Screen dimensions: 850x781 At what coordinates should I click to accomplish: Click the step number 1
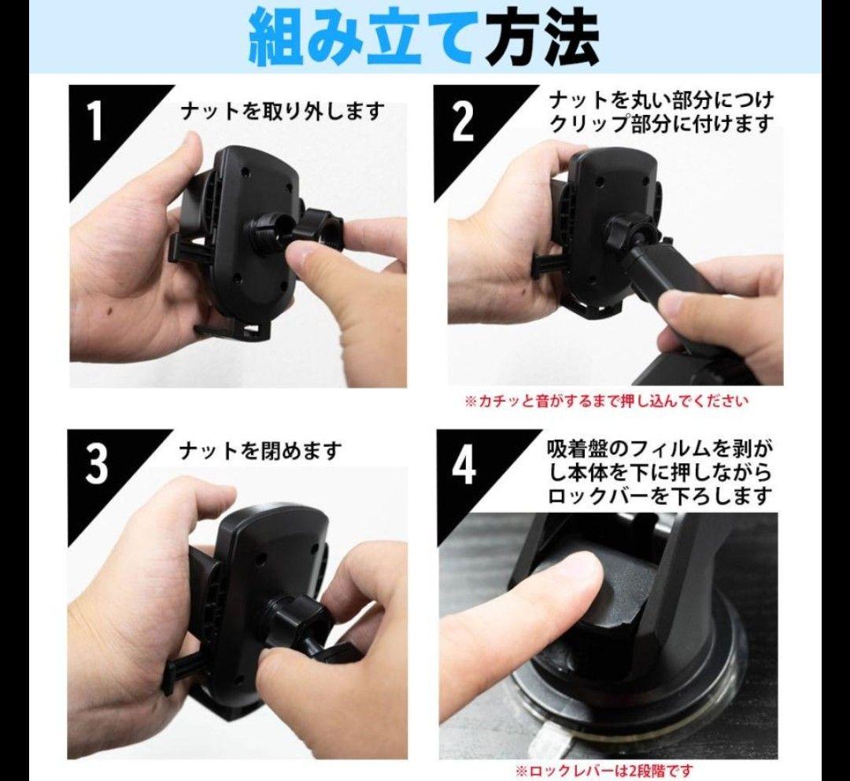pos(95,123)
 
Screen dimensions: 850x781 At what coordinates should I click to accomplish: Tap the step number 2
pos(463,123)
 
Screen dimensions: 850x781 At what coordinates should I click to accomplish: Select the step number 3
pos(96,464)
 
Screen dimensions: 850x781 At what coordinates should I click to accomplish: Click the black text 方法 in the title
pos(542,38)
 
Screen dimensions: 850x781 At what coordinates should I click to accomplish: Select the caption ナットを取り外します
pos(283,112)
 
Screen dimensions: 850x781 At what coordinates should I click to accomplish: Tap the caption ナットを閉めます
pos(261,451)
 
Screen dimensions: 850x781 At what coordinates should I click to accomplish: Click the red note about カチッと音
pos(607,401)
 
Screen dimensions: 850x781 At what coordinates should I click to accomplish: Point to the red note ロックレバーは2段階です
pos(604,771)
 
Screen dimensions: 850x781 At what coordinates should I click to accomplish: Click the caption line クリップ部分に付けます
pos(661,124)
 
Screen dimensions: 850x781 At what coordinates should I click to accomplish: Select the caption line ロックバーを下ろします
pos(660,495)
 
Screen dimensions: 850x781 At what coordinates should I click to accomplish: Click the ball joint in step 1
pos(269,232)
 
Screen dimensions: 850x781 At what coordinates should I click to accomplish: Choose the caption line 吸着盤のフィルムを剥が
pos(660,449)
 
